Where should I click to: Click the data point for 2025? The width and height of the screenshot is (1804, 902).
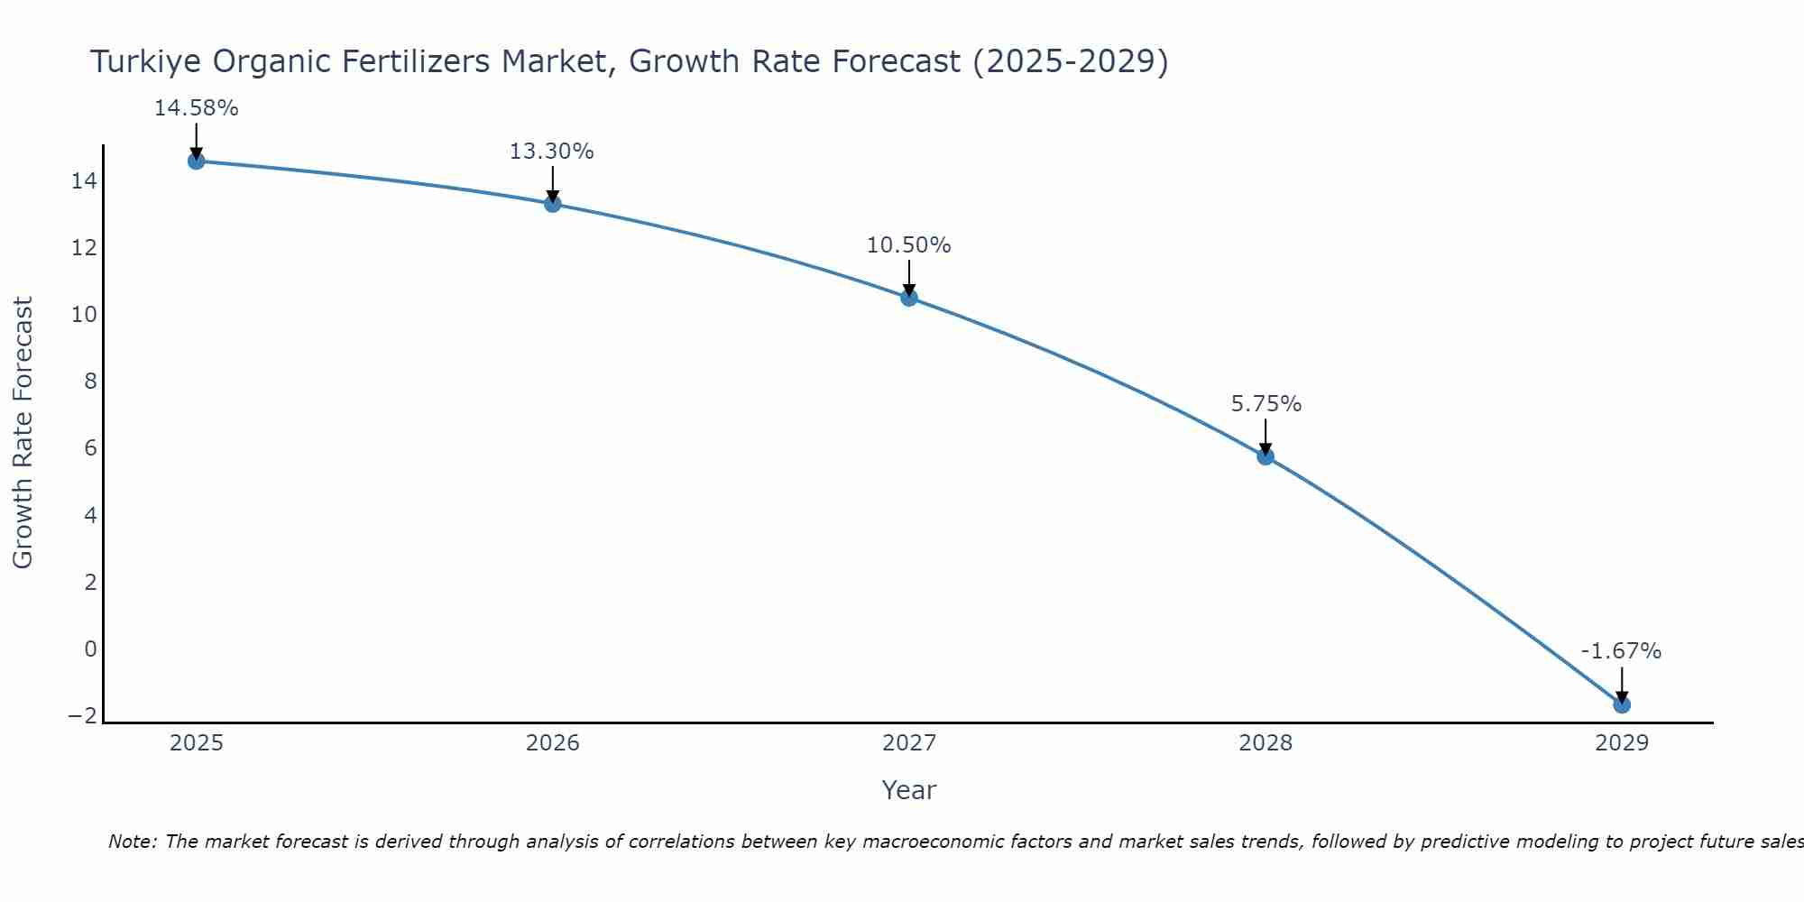tap(196, 161)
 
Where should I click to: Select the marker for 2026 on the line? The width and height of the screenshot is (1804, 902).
tap(553, 204)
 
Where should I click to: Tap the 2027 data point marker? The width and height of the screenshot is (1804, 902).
tap(909, 298)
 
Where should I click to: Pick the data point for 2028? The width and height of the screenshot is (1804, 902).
tap(1266, 456)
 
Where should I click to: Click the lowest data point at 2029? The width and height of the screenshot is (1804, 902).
tap(1622, 704)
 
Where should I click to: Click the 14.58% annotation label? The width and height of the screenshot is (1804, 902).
tap(196, 108)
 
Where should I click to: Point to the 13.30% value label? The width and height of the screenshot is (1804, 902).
tap(552, 152)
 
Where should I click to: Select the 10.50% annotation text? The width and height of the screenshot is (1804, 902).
tap(908, 245)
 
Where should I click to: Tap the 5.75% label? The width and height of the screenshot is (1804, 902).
tap(1266, 404)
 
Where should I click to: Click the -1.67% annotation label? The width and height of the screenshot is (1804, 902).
tap(1621, 651)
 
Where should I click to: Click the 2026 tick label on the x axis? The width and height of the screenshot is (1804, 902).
tap(553, 743)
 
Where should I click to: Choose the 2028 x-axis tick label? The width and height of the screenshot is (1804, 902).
tap(1266, 743)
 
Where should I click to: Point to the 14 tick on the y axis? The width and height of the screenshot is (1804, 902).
tap(84, 181)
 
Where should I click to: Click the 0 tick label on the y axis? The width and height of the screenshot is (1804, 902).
tap(90, 649)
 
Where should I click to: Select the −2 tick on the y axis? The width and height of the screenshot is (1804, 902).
tap(82, 716)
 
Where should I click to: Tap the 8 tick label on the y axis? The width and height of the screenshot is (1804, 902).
tap(90, 382)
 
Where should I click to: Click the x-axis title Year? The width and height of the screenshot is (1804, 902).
tap(908, 790)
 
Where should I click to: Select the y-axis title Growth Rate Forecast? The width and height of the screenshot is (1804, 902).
tap(23, 432)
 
